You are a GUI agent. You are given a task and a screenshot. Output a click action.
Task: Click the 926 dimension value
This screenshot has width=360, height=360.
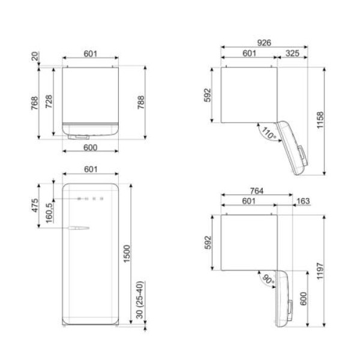tap(264, 43)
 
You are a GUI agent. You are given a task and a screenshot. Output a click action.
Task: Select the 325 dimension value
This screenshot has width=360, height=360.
tap(292, 53)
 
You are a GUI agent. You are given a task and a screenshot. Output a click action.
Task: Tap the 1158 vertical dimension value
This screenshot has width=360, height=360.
tap(320, 120)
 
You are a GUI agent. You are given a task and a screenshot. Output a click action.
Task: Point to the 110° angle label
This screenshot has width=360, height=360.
tap(269, 134)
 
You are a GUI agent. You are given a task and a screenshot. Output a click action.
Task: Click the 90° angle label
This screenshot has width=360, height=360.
tap(268, 280)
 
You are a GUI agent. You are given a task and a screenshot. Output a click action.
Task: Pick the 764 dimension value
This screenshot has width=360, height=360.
tap(257, 191)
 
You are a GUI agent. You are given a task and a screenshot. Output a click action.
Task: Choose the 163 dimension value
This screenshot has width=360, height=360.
tap(303, 201)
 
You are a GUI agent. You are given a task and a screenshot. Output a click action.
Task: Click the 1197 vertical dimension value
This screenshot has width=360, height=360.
tap(320, 271)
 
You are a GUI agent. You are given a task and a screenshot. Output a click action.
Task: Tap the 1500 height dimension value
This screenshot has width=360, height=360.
tap(127, 254)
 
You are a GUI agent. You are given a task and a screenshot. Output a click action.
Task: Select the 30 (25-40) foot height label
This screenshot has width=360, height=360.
tap(140, 300)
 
